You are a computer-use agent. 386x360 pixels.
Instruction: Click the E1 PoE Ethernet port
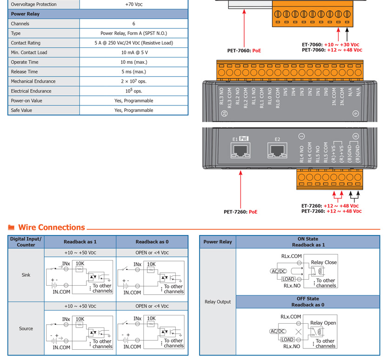(x=240, y=150)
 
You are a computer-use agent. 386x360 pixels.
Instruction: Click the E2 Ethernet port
(x=277, y=150)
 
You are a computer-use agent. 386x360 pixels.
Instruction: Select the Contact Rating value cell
(x=133, y=43)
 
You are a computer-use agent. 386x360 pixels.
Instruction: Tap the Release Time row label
(x=24, y=72)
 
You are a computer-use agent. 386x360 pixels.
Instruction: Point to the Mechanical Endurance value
(x=133, y=81)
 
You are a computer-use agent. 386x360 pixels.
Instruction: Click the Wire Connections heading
(x=52, y=227)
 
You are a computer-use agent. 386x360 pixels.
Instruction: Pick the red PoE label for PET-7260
(x=253, y=212)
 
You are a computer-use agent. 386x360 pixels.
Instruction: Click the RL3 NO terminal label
(x=221, y=96)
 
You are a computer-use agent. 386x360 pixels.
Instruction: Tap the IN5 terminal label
(x=286, y=92)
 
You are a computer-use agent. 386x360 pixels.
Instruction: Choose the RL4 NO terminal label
(x=301, y=154)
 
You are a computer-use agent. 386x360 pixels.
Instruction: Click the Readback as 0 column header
(x=152, y=242)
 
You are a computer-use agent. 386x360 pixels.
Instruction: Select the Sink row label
(x=26, y=275)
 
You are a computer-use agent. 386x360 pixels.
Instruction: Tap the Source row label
(x=26, y=328)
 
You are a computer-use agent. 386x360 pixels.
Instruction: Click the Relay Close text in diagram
(x=324, y=262)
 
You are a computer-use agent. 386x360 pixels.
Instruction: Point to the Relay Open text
(x=323, y=323)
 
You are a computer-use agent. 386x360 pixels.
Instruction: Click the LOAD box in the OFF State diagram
(x=287, y=340)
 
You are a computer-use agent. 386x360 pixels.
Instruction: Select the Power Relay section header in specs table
(x=25, y=14)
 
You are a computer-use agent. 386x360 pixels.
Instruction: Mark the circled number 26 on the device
(x=224, y=113)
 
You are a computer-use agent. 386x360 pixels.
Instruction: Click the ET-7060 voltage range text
(x=341, y=45)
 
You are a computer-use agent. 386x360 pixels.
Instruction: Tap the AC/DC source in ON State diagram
(x=279, y=271)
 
